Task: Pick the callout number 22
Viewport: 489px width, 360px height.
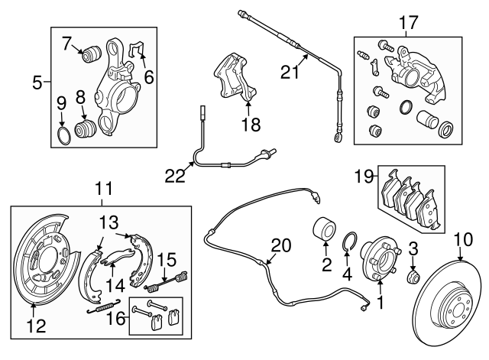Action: tap(176, 175)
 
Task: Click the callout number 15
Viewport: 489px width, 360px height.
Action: tap(167, 259)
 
